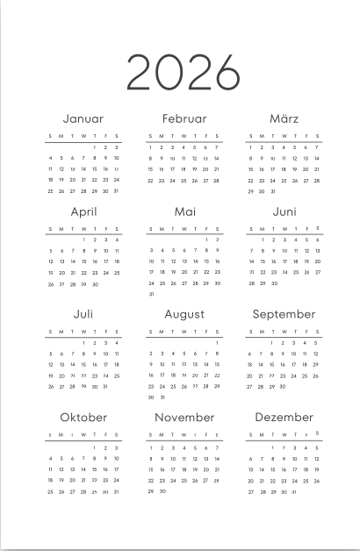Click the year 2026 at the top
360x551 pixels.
click(183, 72)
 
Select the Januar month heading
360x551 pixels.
click(83, 118)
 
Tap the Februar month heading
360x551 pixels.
click(184, 118)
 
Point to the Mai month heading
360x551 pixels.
click(184, 212)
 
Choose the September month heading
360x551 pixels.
click(284, 314)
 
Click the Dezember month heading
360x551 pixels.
click(284, 418)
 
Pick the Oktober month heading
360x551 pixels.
click(83, 418)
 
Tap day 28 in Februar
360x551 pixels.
click(217, 180)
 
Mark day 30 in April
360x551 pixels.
click(95, 283)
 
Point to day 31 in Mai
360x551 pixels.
click(151, 294)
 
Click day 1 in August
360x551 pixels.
click(217, 343)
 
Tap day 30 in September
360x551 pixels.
click(283, 386)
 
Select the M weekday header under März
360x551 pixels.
click(262, 136)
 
